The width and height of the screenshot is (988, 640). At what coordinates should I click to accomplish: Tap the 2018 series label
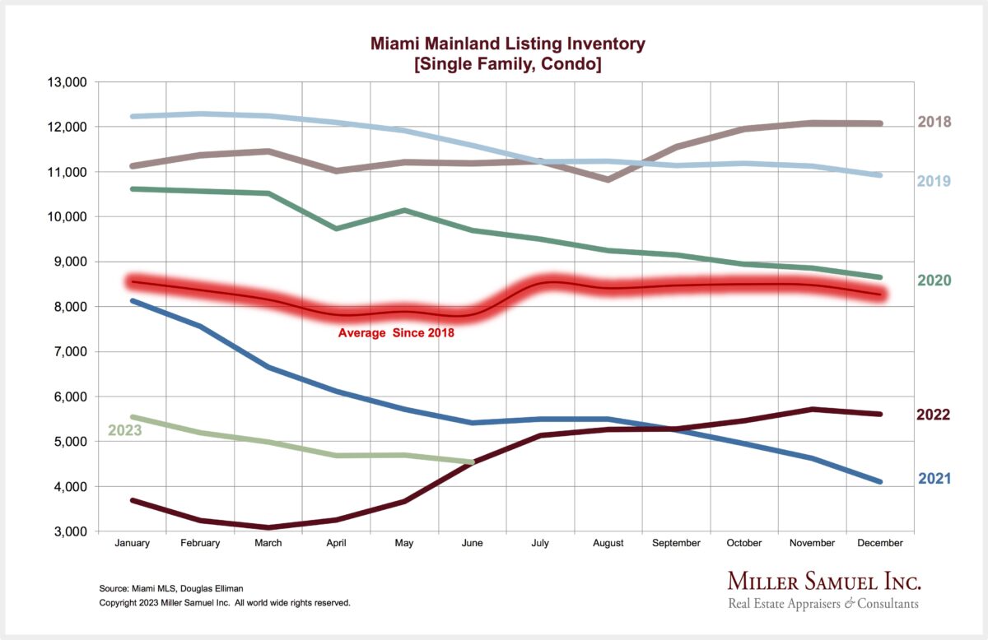point(934,123)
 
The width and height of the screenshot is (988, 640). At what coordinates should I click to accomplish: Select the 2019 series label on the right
point(934,181)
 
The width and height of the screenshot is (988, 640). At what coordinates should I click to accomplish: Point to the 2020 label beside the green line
point(934,281)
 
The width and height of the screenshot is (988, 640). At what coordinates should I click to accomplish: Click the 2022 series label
point(934,415)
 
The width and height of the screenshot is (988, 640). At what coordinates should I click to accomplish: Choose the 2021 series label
point(934,478)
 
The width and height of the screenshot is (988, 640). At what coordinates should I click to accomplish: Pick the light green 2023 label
point(125,430)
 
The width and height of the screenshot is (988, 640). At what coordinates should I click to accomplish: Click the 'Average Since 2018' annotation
point(396,333)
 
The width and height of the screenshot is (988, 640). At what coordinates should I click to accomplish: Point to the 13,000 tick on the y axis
point(68,82)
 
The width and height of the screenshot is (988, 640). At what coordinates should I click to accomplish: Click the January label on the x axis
point(132,543)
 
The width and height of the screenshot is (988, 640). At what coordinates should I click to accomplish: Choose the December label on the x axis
point(880,543)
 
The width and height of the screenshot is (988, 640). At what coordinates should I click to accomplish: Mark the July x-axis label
point(540,543)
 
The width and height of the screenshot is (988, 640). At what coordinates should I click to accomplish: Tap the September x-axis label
point(676,543)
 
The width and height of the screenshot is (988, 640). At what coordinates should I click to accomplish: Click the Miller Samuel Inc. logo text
point(823,582)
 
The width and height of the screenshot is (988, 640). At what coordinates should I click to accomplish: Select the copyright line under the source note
point(224,603)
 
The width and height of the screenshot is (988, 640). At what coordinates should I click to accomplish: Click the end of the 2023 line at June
point(472,462)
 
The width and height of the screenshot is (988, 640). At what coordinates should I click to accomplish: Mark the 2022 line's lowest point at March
point(268,527)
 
